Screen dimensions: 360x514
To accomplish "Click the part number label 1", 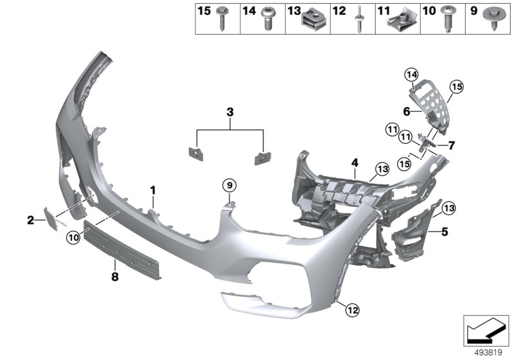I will (153, 190).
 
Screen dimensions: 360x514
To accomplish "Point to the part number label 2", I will (30, 221).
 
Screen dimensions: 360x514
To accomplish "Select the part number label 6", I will (406, 111).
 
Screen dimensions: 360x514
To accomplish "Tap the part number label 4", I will (353, 163).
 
